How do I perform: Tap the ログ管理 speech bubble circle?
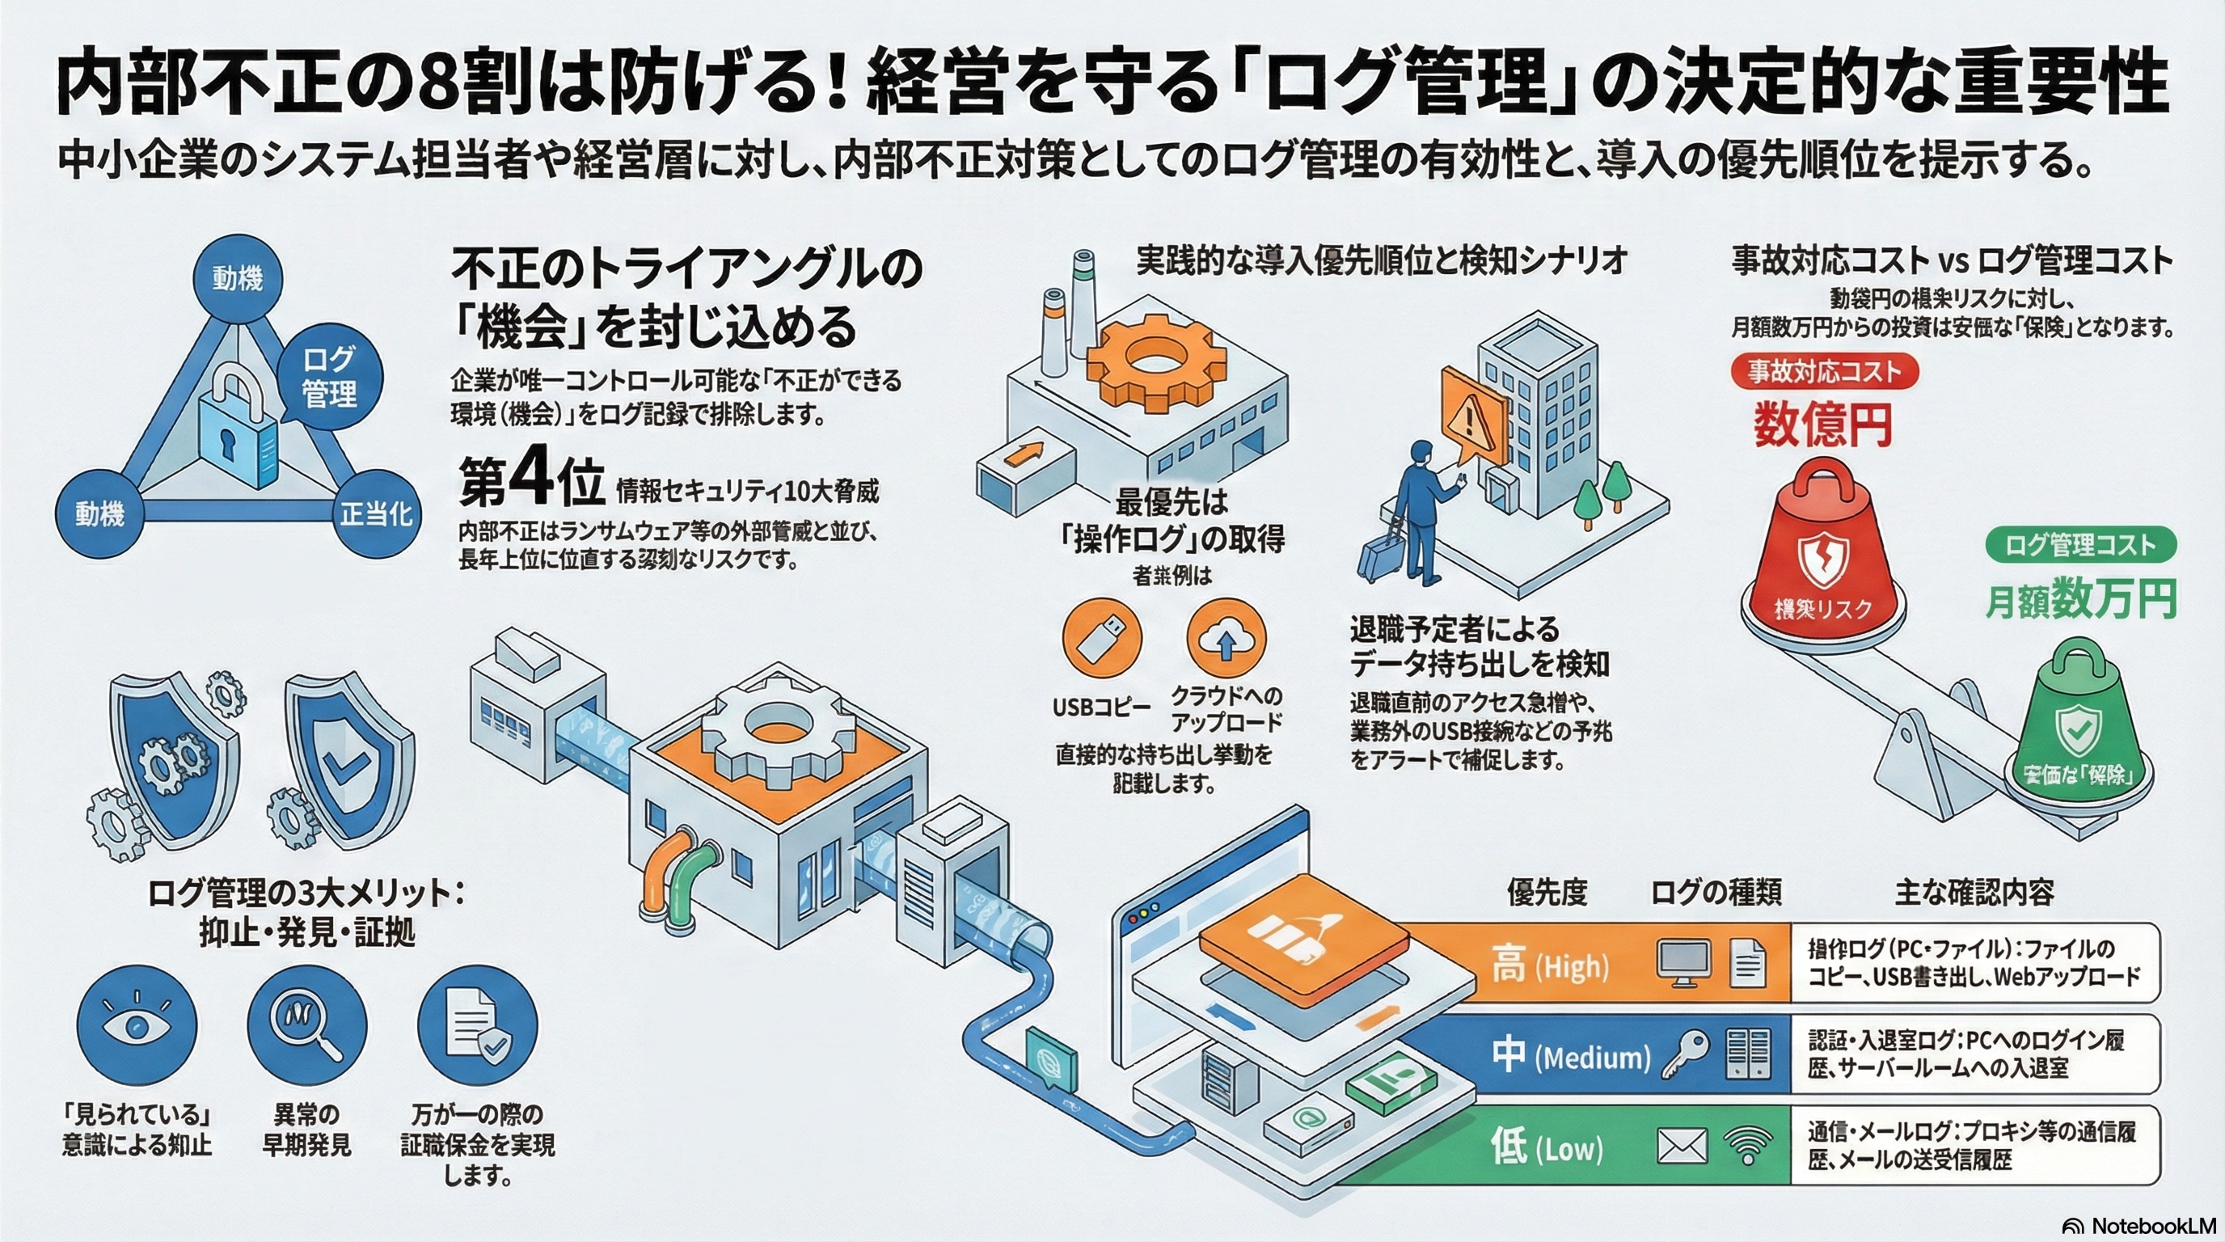(x=329, y=378)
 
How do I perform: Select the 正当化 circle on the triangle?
(x=376, y=514)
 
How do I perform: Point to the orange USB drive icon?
(x=1101, y=640)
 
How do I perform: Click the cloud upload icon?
(x=1226, y=640)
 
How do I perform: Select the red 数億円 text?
(x=1822, y=425)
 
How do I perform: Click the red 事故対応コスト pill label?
(x=1824, y=371)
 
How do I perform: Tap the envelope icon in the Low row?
(x=1682, y=1147)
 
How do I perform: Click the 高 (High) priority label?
(x=1550, y=964)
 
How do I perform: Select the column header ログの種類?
(x=1716, y=892)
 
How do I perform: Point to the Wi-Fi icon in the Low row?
(x=1747, y=1147)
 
